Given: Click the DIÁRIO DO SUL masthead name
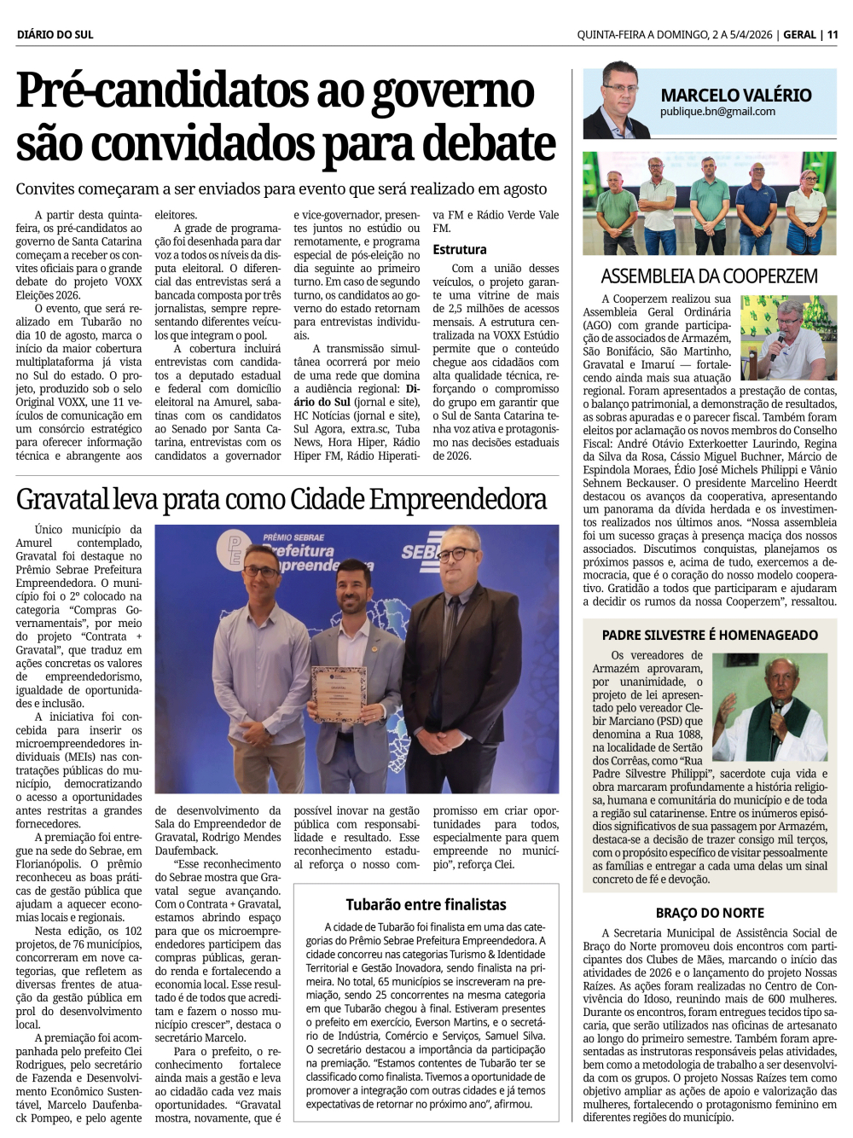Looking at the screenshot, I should pos(55,34).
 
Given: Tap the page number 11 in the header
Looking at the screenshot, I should pos(833,34).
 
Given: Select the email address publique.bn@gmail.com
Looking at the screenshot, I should pos(717,112).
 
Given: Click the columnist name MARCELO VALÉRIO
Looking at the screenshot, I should pos(735,95).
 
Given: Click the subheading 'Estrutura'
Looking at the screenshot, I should pos(459,249).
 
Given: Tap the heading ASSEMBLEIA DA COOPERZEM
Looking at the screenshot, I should pos(709,276).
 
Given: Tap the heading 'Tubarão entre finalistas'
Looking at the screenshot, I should pos(426,904).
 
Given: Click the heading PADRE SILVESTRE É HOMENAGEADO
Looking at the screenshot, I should pos(710,635).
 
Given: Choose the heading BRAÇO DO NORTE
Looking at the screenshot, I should pos(710,912).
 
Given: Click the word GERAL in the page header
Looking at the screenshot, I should pos(799,34).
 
